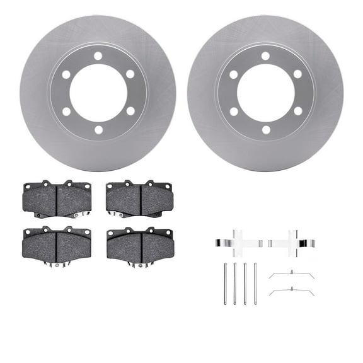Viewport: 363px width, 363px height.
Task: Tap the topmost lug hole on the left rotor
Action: [98, 56]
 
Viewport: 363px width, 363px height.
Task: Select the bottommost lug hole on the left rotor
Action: [98, 130]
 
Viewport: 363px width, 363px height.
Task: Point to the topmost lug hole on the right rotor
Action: [265, 56]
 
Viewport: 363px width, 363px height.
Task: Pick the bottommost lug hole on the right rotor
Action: [265, 130]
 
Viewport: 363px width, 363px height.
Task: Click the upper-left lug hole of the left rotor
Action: [66, 74]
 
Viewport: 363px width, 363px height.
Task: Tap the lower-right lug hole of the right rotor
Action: [297, 112]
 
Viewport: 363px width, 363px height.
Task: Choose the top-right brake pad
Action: [139, 199]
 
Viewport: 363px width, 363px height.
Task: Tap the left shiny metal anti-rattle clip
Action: [237, 243]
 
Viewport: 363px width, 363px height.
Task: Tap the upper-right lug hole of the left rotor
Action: [130, 74]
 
